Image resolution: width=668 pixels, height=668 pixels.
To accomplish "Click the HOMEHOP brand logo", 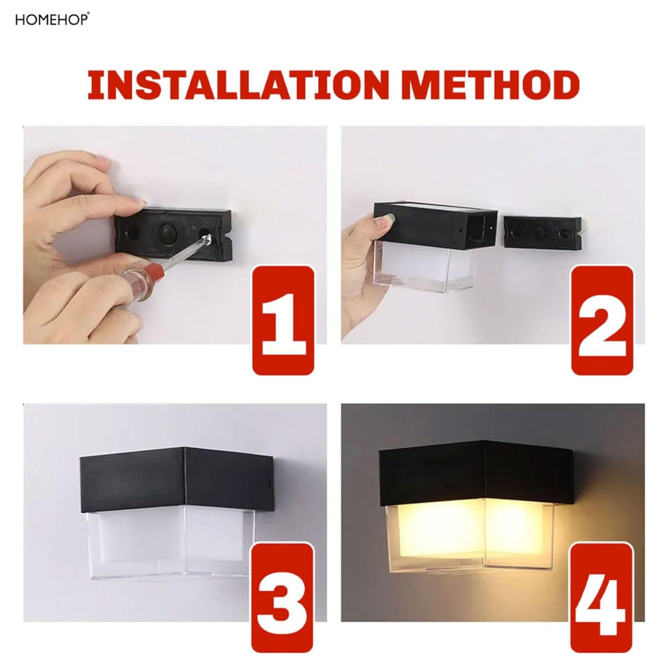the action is tap(52, 20).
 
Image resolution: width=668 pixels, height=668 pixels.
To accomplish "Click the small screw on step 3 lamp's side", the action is tap(268, 483).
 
